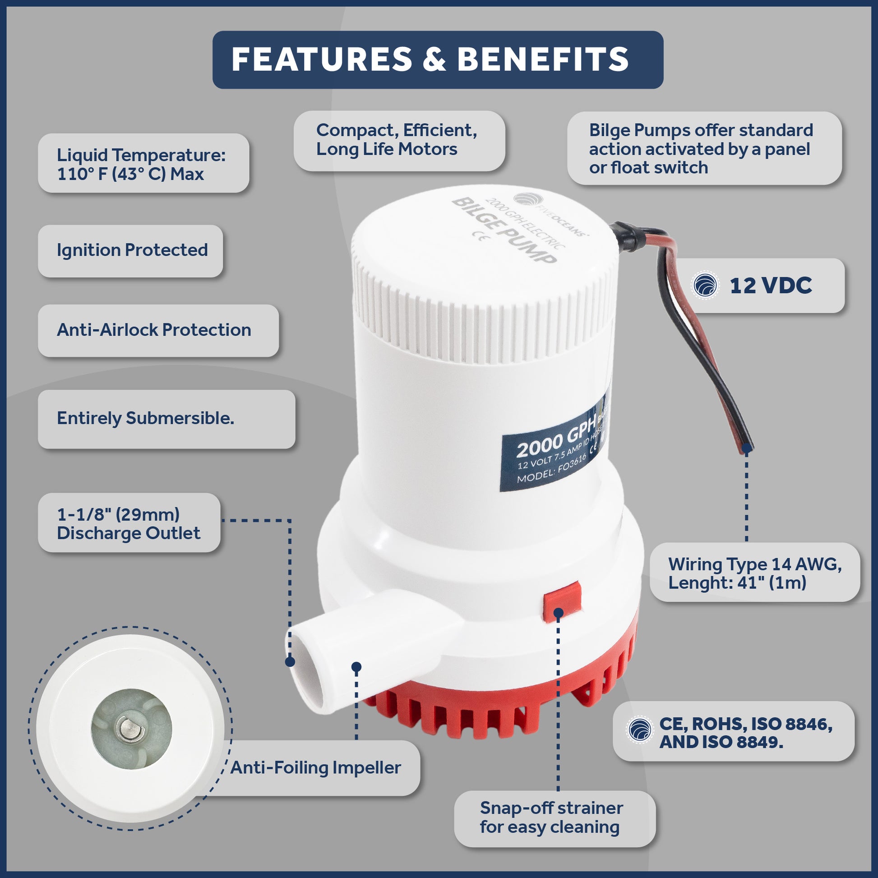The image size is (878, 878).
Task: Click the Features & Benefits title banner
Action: coord(438,60)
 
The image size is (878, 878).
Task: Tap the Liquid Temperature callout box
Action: coord(143,163)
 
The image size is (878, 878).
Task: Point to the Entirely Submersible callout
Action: coord(166,419)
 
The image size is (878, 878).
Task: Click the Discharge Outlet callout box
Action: coord(129,522)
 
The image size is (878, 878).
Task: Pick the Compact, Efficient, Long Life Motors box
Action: coord(399,141)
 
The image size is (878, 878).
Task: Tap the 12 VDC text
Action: coord(771,286)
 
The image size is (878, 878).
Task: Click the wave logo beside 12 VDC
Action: coord(705,286)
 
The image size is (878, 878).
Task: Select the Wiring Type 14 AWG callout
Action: coord(755,573)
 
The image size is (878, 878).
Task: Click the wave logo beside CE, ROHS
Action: coord(640,730)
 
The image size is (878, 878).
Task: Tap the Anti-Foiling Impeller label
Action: coord(315,767)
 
